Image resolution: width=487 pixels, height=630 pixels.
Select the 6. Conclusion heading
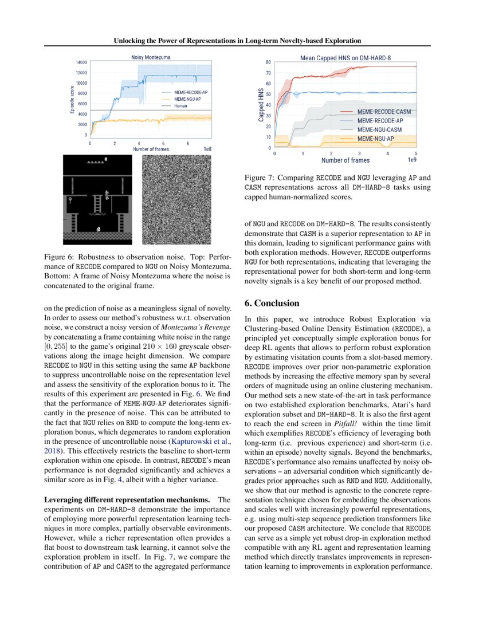272,303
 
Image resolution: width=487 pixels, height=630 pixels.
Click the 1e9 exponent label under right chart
412,160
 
